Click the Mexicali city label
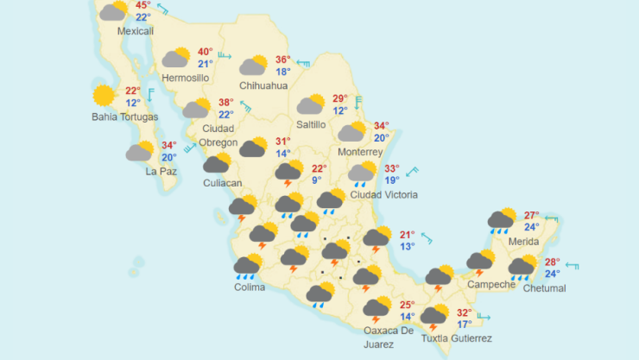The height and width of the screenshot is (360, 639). point(135,31)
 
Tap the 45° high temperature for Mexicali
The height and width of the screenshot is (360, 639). point(142,5)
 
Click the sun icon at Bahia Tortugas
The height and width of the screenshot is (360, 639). point(104,95)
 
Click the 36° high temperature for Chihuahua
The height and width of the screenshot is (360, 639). point(282,60)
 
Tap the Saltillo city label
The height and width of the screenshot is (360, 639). point(311,124)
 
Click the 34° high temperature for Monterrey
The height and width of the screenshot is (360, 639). point(381,126)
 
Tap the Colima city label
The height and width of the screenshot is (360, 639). point(250,287)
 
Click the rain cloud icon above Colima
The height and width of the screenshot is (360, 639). point(248,266)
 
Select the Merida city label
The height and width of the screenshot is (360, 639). point(524,241)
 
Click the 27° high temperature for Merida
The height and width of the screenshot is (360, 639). point(532,216)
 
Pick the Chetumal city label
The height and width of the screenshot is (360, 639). point(544,287)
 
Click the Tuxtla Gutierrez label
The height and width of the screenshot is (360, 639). point(456,338)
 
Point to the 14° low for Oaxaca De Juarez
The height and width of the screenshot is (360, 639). point(408,317)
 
